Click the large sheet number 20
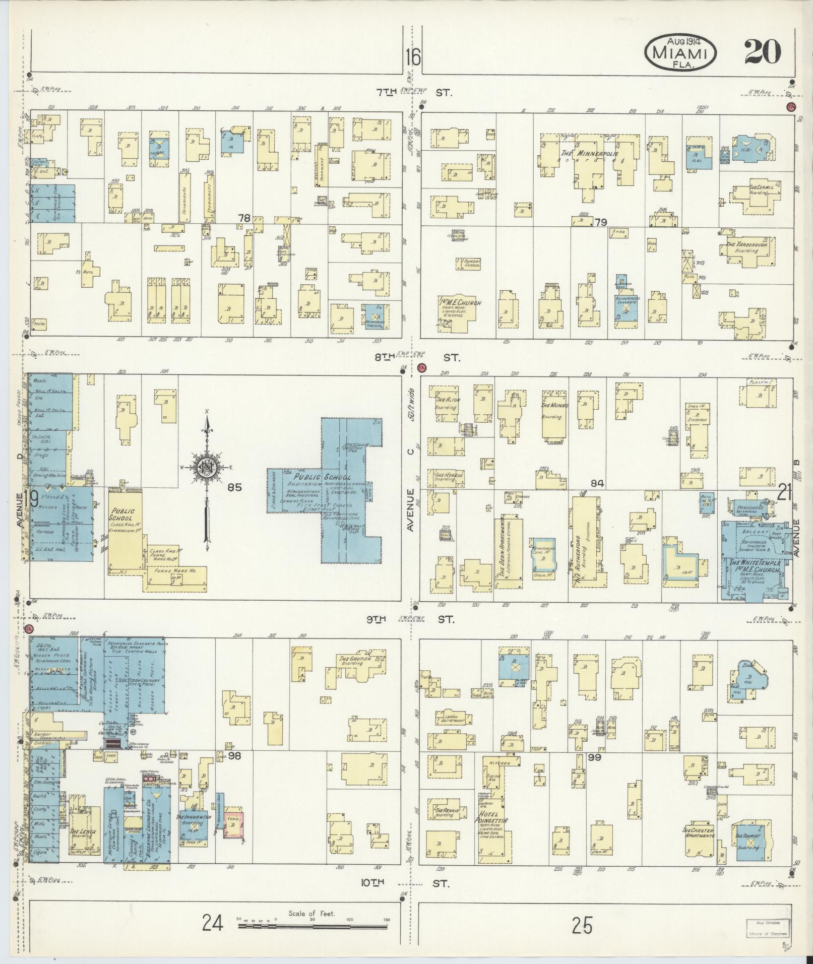[x=763, y=52]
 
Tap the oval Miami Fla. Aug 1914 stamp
[x=680, y=52]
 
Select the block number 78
[x=244, y=218]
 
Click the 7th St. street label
[x=413, y=93]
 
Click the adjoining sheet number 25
[x=582, y=925]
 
